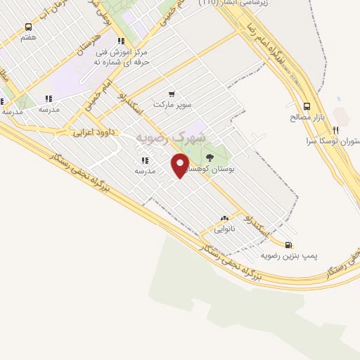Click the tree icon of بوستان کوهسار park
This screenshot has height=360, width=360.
[x=210, y=157]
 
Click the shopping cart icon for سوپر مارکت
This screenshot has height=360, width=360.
[x=171, y=94]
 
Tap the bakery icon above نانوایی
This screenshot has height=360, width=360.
[x=224, y=218]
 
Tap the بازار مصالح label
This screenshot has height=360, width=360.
[x=305, y=117]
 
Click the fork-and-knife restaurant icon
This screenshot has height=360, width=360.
[x=336, y=130]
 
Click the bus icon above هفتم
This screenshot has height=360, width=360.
[x=28, y=27]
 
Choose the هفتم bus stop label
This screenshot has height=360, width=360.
[x=28, y=37]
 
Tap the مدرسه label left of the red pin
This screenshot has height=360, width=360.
[x=144, y=171]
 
